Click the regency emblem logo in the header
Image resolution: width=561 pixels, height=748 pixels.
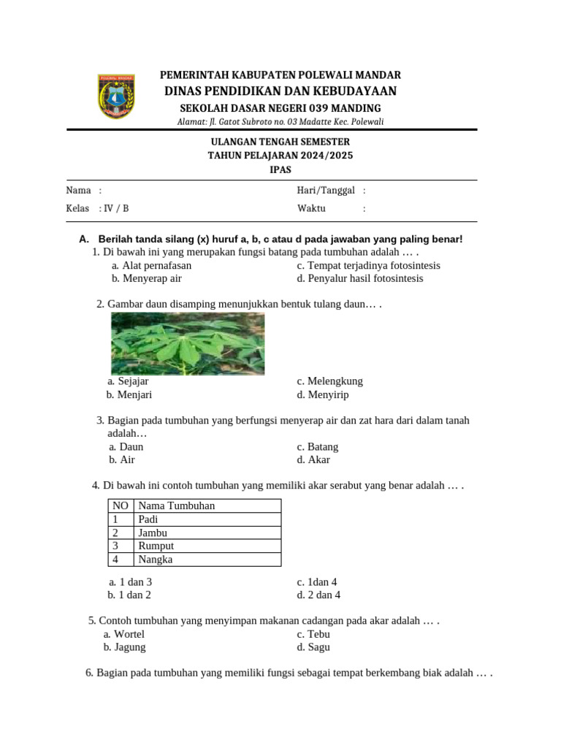[x=116, y=96]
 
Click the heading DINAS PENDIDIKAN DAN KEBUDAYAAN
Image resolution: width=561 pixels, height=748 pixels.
[x=280, y=91]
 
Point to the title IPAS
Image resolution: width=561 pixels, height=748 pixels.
[x=280, y=169]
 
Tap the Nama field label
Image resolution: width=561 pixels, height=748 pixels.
[x=79, y=190]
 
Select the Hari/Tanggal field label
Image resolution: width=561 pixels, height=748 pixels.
[x=326, y=190]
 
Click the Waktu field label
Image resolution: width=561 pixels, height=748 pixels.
[x=311, y=208]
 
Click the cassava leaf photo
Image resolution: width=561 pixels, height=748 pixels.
[x=188, y=343]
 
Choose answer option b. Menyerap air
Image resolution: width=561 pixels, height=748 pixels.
[x=147, y=278]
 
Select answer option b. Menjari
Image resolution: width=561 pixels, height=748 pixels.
[x=129, y=394]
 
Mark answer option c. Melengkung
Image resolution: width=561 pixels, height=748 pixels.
[x=330, y=381]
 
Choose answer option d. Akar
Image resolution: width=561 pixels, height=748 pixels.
[x=313, y=459]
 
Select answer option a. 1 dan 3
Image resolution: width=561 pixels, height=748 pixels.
[x=130, y=582]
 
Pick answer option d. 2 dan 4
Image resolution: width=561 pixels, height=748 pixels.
[x=318, y=595]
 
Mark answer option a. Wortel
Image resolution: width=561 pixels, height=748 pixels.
[x=124, y=634]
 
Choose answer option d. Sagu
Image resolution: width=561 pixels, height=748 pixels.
[x=313, y=647]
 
